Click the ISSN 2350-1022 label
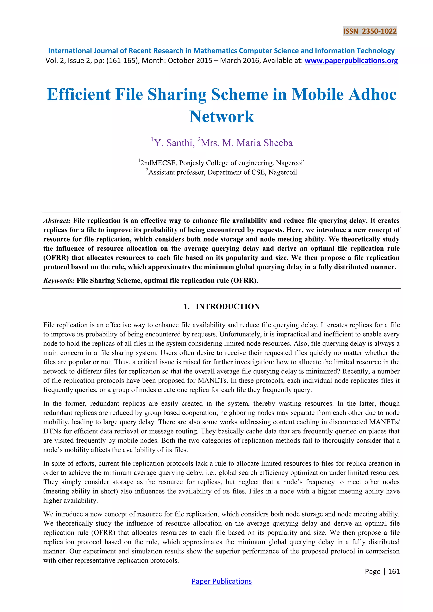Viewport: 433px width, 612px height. click(370, 31)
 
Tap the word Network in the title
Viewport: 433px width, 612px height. click(222, 116)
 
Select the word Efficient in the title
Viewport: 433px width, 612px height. click(79, 94)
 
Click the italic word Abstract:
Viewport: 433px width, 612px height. click(57, 221)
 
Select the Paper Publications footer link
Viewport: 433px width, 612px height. click(222, 581)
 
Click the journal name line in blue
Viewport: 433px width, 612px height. click(221, 51)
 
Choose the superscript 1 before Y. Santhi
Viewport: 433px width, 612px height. click(152, 139)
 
